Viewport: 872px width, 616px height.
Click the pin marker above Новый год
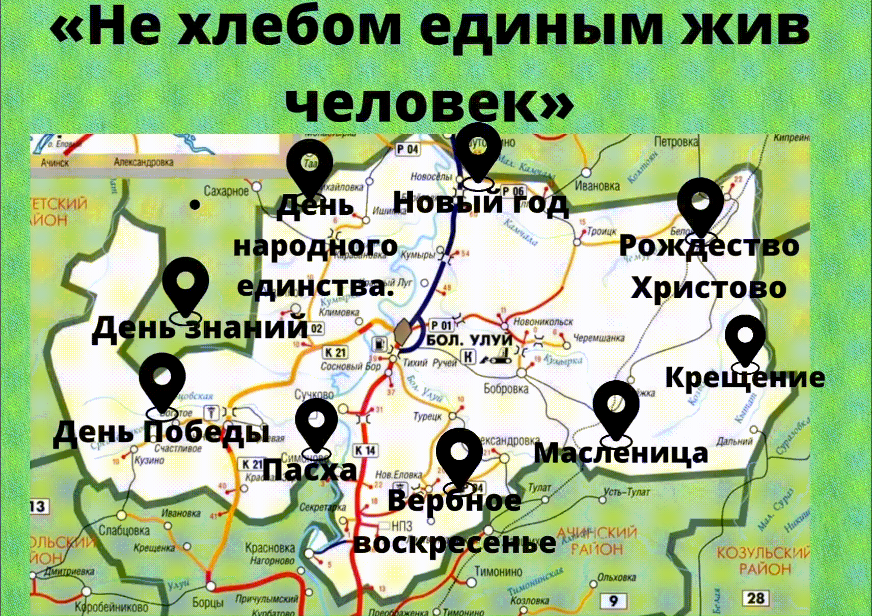(477, 150)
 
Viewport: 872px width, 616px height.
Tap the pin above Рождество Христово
(700, 206)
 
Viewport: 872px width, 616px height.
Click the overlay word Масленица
(620, 453)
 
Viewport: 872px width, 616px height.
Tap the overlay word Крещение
(745, 378)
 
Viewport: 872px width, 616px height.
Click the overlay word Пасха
(310, 469)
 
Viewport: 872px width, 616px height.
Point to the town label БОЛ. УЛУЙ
(469, 340)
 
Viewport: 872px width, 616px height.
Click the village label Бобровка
(506, 389)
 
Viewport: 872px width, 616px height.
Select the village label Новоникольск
(543, 322)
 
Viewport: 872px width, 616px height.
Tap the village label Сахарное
(226, 191)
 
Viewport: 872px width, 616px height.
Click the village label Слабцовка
(124, 530)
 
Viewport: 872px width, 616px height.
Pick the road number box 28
(756, 598)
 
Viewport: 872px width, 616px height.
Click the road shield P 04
(408, 149)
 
